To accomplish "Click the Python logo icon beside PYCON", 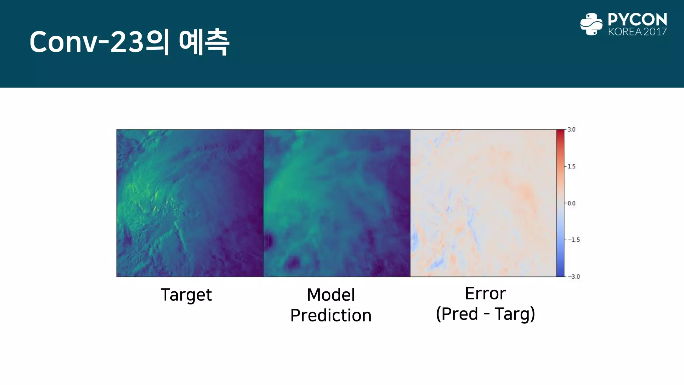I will coord(591,24).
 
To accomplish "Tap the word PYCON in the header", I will coord(637,20).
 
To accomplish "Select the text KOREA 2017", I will coord(637,32).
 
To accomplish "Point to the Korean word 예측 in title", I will coord(204,42).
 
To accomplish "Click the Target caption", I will coord(186,295).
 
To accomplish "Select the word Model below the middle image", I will coord(331,295).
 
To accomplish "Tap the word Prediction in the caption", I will coord(331,315).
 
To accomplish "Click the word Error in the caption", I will coord(485,293).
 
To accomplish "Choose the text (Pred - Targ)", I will coord(485,314).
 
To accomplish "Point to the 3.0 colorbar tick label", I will coord(571,130).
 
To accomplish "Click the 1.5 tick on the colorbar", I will coord(571,166).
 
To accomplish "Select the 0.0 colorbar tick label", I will coord(571,203).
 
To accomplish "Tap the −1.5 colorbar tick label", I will coord(574,240).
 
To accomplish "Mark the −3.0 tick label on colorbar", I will coord(574,276).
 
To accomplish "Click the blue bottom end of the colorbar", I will coord(560,272).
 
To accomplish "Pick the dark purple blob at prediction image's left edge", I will coord(269,241).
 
